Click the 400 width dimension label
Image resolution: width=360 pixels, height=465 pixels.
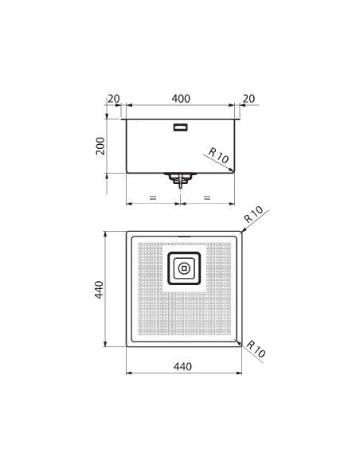click(181, 99)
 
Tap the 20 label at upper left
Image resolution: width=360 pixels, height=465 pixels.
click(114, 99)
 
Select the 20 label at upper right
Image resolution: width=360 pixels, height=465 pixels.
click(248, 99)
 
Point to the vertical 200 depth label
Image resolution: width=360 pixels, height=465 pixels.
click(100, 146)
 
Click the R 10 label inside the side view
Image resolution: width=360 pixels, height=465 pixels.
click(218, 156)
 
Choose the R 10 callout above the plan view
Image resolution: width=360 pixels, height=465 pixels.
click(253, 214)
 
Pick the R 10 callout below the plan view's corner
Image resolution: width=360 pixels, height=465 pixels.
click(256, 349)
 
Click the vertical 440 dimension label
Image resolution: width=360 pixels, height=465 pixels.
click(99, 290)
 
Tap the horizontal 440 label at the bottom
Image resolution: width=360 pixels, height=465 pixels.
click(182, 367)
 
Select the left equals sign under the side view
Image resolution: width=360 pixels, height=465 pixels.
click(153, 197)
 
